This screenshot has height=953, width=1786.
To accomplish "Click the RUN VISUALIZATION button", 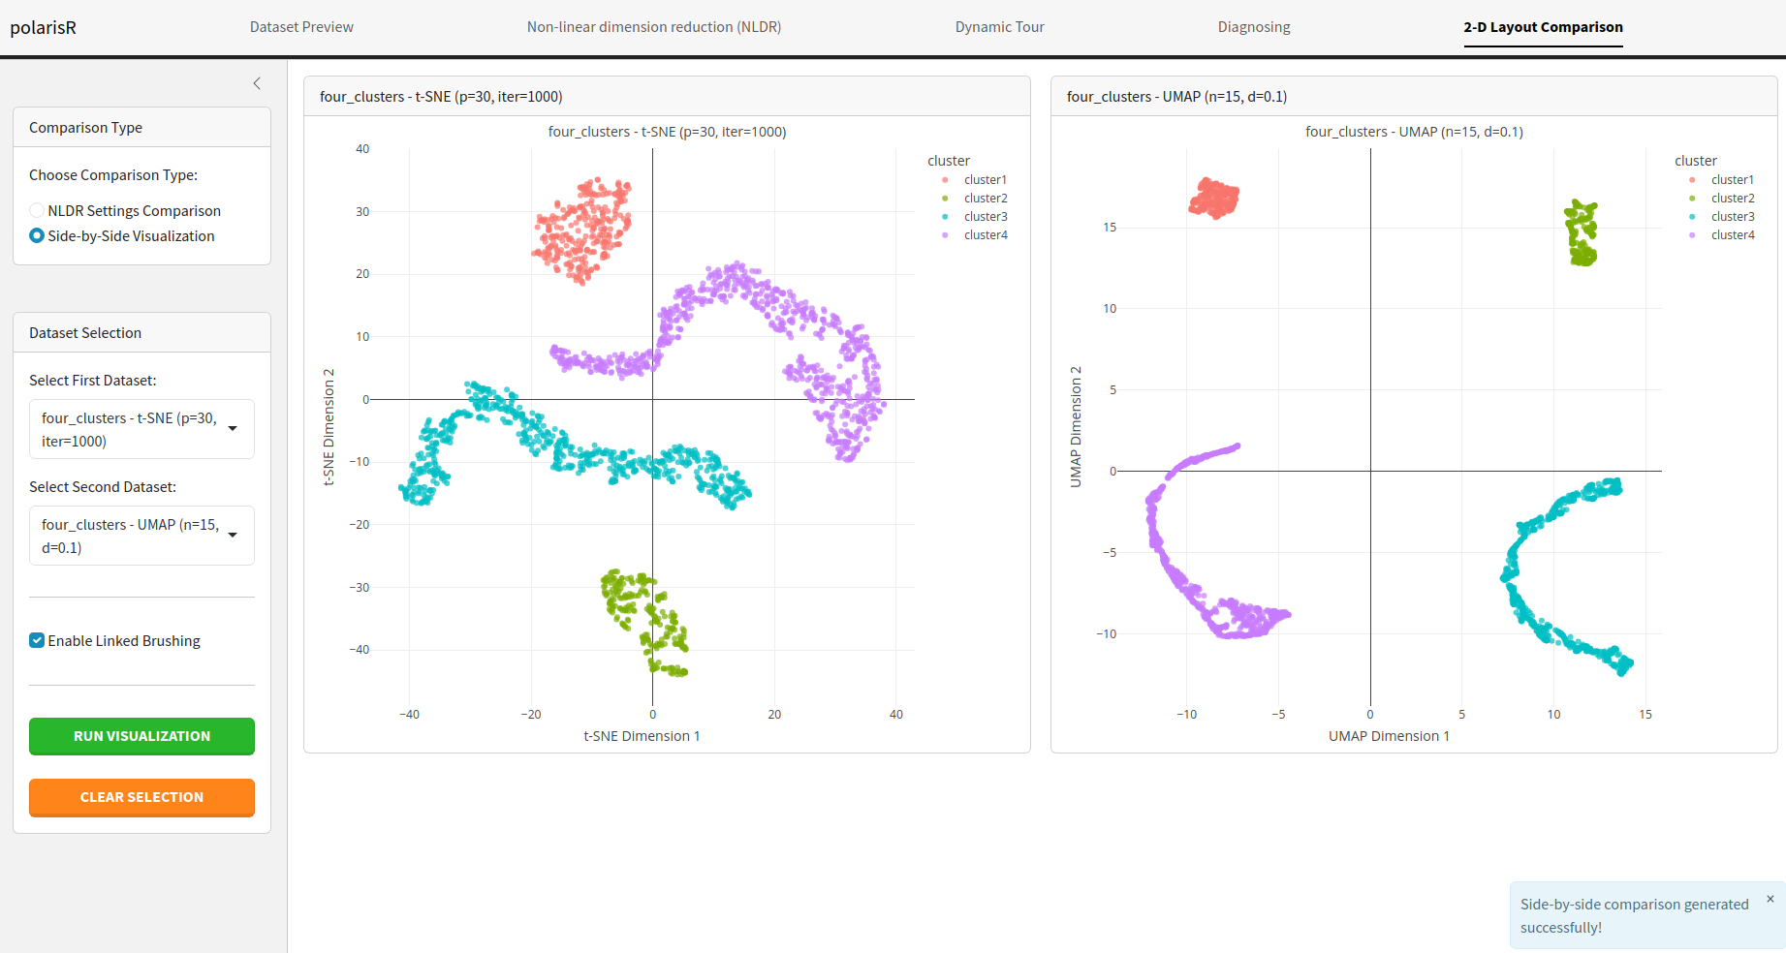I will click(x=141, y=736).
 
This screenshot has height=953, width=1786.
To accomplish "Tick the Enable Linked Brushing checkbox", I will click(x=37, y=640).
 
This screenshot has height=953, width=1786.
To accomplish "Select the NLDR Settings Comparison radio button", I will click(x=37, y=210).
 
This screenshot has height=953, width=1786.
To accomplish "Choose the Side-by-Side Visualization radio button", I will click(x=37, y=235).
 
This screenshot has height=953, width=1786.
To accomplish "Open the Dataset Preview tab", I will click(x=301, y=27).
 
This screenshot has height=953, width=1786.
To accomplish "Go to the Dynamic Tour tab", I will click(x=999, y=27).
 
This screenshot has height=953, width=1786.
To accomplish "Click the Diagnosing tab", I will click(x=1254, y=27).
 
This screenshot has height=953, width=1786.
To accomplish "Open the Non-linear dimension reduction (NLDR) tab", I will click(x=654, y=27).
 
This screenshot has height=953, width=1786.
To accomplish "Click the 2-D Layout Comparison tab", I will click(x=1543, y=27).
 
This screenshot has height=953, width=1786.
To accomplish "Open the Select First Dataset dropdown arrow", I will click(x=233, y=428).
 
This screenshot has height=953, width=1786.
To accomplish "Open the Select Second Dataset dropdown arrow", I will click(x=233, y=535).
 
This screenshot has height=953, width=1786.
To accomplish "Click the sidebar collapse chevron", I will click(x=257, y=83).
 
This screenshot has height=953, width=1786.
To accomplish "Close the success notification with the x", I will click(x=1770, y=899).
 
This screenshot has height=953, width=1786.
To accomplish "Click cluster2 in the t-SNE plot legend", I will click(x=985, y=199).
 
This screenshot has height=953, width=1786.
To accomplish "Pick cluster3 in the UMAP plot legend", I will click(x=1732, y=217).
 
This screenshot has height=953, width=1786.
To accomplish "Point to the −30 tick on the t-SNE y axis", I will click(x=360, y=588).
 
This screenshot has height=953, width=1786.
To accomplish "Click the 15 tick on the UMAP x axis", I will click(x=1645, y=715).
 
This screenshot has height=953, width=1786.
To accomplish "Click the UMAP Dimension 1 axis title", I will click(x=1389, y=736).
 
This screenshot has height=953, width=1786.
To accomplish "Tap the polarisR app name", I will click(x=44, y=27).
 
